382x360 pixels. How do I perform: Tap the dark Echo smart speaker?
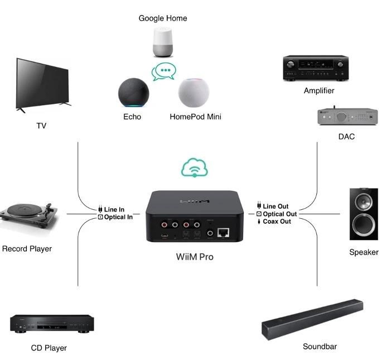coord(134,92)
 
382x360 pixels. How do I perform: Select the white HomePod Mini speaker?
coord(193,93)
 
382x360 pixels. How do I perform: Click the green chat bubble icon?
coord(164,72)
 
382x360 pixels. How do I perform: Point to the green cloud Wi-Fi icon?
coord(194,167)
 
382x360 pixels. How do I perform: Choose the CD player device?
coord(51,323)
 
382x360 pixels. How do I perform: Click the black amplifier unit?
coord(316,68)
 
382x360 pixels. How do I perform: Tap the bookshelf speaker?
coord(363,214)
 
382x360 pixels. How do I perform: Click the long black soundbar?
coord(312,320)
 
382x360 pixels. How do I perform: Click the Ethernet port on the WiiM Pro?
coord(225,233)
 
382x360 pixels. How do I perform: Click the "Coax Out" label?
coord(277,222)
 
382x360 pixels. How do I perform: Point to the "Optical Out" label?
coord(279,214)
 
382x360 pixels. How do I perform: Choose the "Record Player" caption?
coord(26,248)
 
